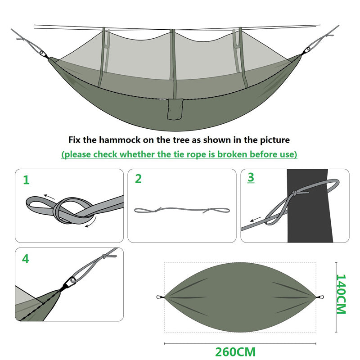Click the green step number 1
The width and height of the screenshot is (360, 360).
pos(26,180)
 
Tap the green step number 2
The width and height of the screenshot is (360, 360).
pos(139,179)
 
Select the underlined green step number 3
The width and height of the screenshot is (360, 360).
pos(251,178)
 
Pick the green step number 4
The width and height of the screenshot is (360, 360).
pos(26,259)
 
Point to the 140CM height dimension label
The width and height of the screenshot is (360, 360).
pos(342,295)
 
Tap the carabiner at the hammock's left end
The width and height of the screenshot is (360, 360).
pos(44,55)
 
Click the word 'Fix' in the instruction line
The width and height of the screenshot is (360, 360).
pos(76,140)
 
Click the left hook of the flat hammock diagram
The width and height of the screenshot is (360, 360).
pos(159,297)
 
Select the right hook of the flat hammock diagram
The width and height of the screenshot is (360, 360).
pos(320,297)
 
